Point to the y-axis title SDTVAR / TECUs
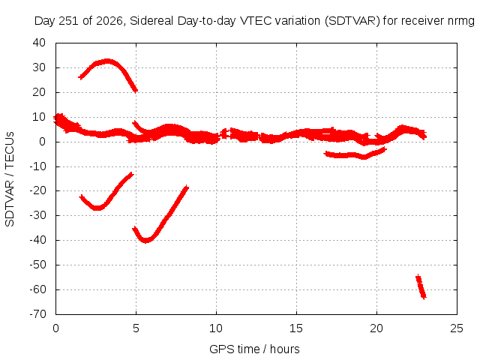tap(10, 179)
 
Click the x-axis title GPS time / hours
tap(254, 349)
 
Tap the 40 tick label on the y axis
tap(39, 43)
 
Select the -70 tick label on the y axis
tap(37, 314)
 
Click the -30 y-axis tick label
tap(37, 215)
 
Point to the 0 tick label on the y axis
tap(42, 142)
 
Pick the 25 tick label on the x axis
tap(457, 328)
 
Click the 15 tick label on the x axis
tap(296, 328)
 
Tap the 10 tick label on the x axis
tap(216, 328)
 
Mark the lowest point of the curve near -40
tap(146, 240)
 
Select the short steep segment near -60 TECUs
tap(421, 286)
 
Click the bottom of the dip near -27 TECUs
tap(97, 208)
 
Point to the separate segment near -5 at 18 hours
tap(355, 155)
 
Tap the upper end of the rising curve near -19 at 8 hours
tap(187, 187)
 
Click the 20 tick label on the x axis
tap(376, 328)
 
